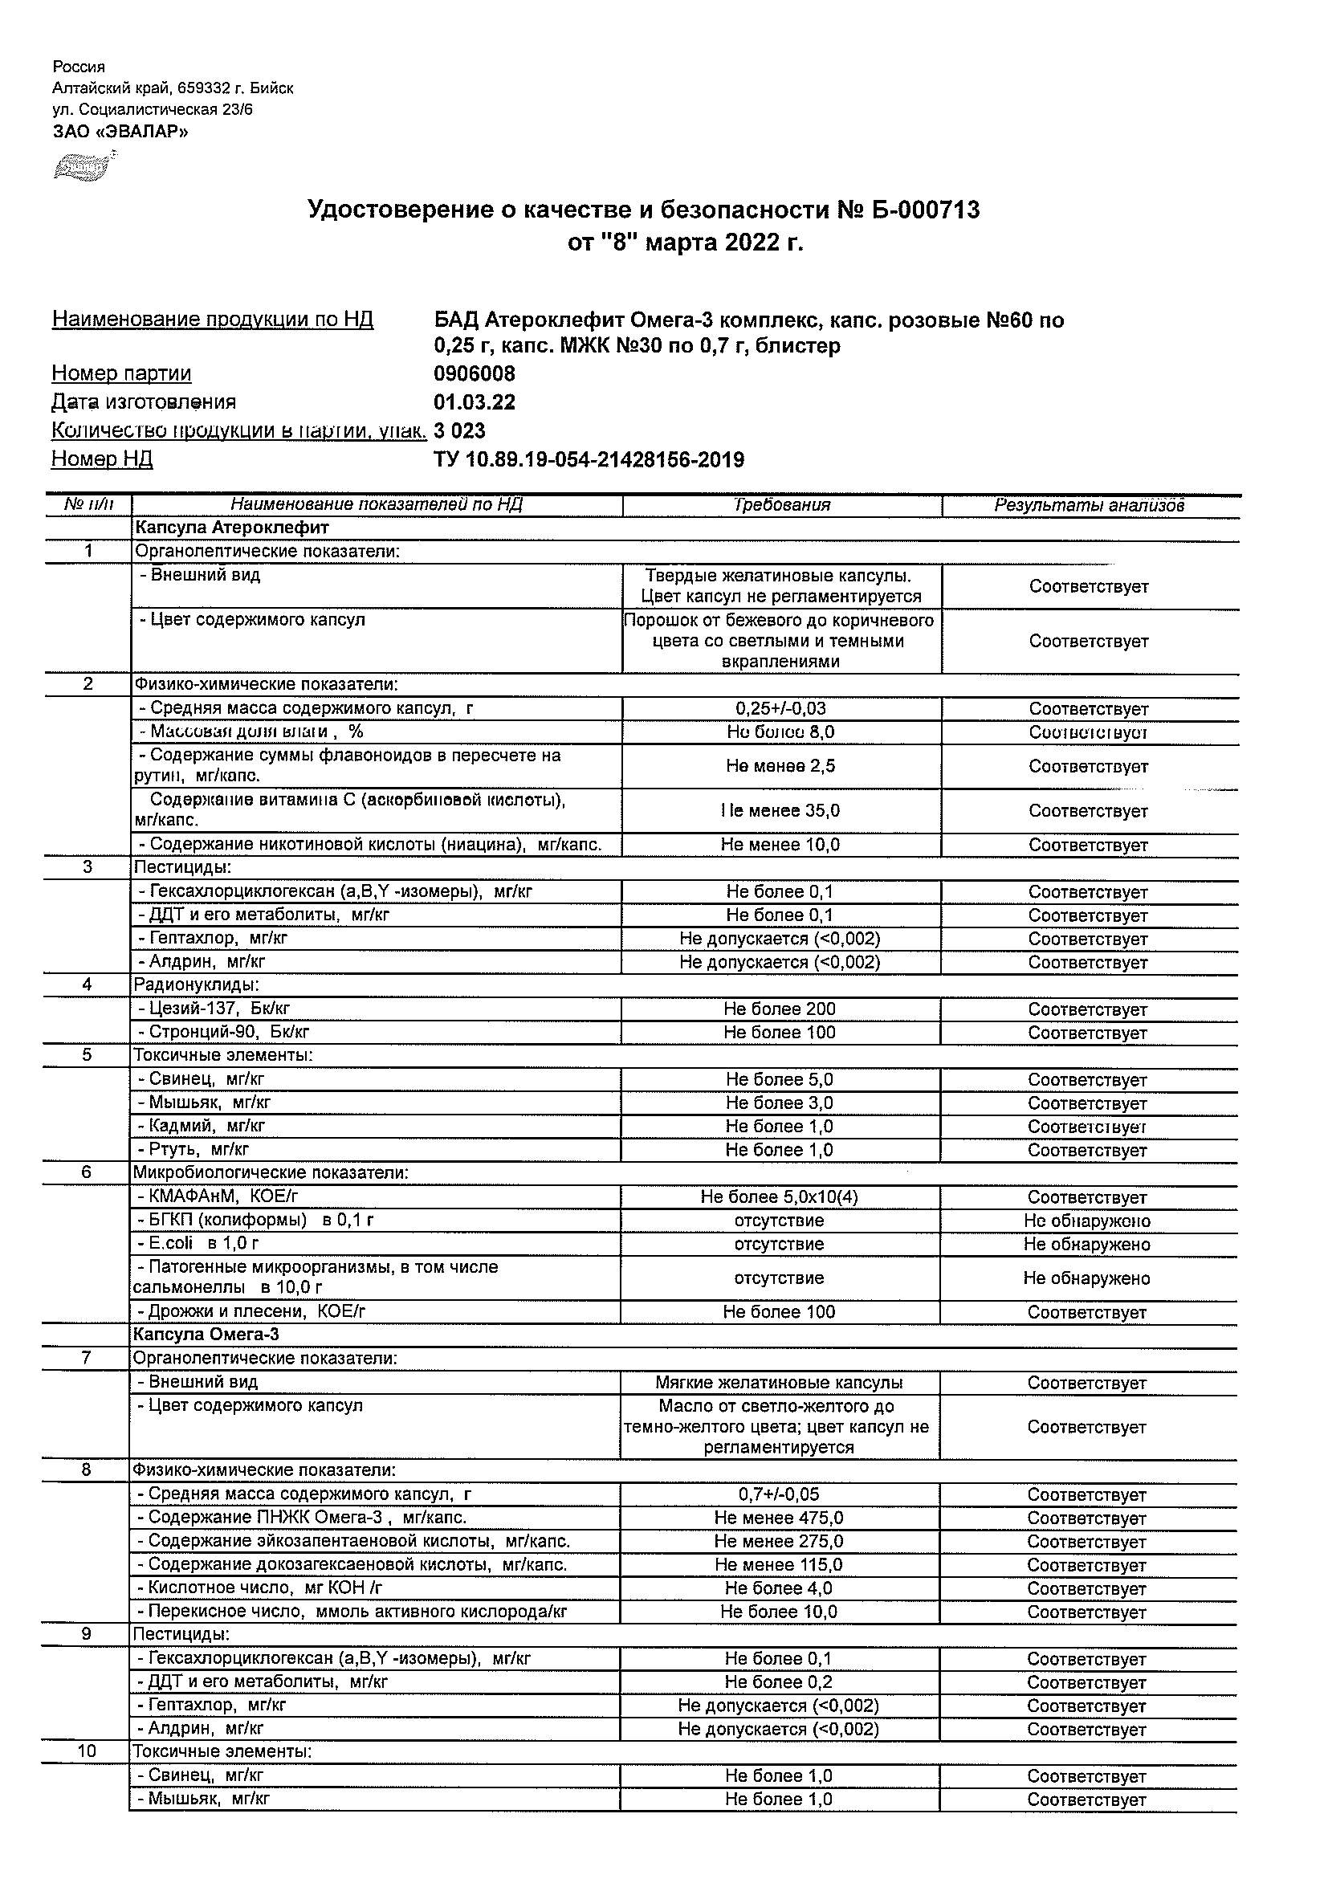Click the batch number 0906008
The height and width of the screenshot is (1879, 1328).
pos(475,374)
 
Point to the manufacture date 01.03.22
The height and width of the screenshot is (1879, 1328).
pos(475,402)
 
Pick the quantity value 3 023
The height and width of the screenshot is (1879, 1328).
pos(460,430)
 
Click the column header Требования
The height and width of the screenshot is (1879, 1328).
pos(782,505)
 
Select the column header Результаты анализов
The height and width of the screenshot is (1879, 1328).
pos(1089,505)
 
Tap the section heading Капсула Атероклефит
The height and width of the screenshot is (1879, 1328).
pos(231,528)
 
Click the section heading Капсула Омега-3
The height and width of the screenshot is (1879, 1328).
pos(206,1335)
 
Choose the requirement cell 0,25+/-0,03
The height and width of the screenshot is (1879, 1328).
pos(780,709)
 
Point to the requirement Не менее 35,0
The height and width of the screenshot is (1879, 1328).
pos(780,811)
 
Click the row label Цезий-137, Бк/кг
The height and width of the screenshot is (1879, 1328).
pos(214,1009)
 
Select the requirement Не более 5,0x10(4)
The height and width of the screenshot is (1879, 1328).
pos(779,1197)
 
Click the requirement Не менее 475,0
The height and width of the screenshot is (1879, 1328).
pos(779,1518)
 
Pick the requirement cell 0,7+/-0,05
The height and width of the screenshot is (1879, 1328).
pos(779,1494)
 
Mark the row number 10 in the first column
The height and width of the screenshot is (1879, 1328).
pos(87,1751)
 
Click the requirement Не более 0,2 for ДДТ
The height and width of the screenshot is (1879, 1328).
pos(779,1681)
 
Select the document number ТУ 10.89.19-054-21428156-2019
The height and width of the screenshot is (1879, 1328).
pos(589,460)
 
